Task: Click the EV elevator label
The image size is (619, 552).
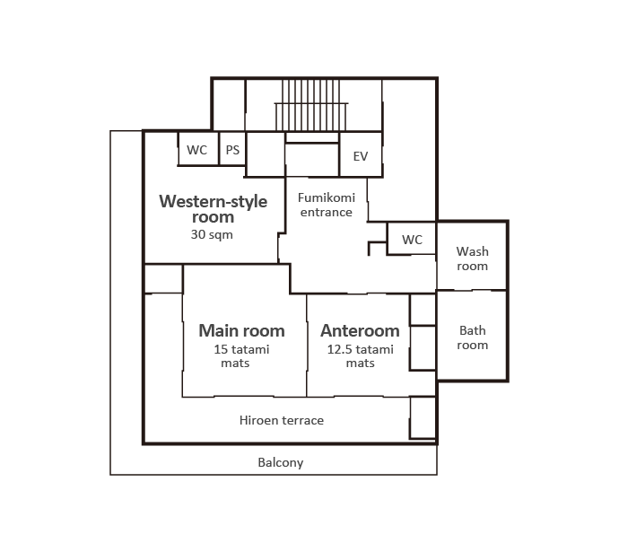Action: click(361, 156)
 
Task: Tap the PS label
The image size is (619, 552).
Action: click(232, 150)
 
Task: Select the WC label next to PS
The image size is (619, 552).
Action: click(197, 150)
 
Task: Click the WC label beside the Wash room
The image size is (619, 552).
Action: click(412, 240)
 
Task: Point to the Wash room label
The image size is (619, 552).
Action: click(472, 258)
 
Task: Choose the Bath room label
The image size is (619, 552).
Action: click(472, 337)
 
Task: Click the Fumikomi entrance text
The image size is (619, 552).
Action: click(327, 205)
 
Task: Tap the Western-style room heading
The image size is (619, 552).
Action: click(214, 209)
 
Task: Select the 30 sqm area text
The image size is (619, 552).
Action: click(212, 234)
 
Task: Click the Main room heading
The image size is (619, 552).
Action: click(241, 331)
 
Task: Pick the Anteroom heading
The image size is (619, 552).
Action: click(360, 331)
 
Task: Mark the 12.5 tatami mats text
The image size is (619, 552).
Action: click(361, 356)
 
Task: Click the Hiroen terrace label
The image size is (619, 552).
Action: click(282, 421)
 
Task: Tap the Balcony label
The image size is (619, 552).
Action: click(281, 463)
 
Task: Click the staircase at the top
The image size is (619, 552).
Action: click(311, 105)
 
